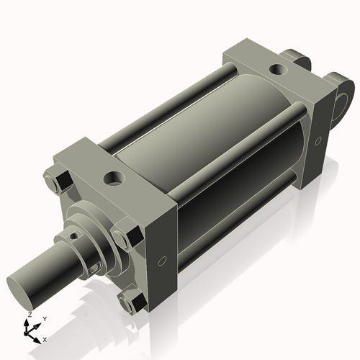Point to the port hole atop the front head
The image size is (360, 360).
pos(114,177)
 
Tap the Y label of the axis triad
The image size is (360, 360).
pos(44,318)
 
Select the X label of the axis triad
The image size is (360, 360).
pos(45,338)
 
